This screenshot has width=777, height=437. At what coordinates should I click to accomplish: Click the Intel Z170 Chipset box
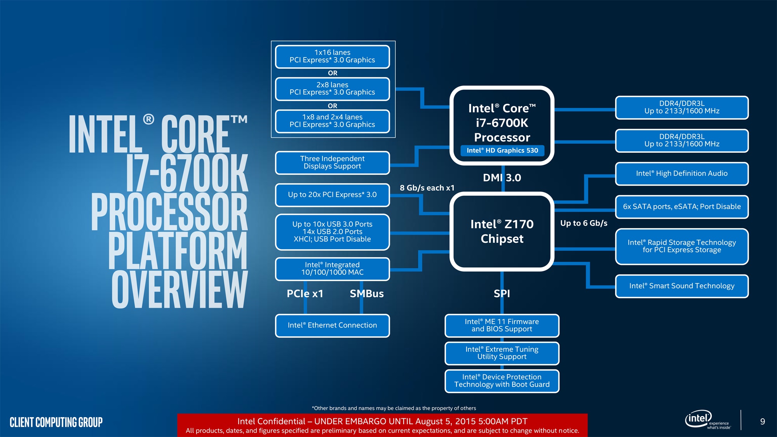tap(502, 231)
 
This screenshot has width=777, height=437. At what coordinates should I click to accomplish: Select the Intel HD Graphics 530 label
tap(502, 150)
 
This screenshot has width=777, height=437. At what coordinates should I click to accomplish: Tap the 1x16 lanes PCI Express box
tap(332, 56)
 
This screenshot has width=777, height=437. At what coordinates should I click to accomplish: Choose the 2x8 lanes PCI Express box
tap(332, 89)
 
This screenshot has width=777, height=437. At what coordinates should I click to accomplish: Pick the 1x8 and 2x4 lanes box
tap(332, 121)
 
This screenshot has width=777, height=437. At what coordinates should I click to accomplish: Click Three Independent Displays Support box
tap(332, 162)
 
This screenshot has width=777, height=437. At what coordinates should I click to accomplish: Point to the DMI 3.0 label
tap(502, 178)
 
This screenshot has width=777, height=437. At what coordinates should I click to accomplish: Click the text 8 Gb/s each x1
tap(427, 188)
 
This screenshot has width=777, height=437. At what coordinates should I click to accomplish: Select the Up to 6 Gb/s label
tap(584, 223)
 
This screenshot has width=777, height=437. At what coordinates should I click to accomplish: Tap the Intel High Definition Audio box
tap(681, 174)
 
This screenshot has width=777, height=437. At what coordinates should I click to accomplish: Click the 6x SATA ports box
tap(681, 207)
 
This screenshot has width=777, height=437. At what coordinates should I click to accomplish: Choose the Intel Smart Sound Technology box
tap(681, 286)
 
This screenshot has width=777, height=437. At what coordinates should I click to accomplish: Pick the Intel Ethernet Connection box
tap(332, 326)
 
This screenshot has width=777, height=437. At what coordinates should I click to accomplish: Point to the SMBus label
tap(366, 294)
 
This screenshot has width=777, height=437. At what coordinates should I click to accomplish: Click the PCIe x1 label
tap(305, 294)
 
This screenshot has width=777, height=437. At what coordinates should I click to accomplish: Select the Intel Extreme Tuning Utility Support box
tap(502, 353)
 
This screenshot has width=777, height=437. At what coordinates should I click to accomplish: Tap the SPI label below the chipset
tap(502, 294)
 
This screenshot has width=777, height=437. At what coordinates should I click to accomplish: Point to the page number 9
tap(762, 421)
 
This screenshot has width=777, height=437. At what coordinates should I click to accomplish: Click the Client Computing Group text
tap(56, 422)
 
